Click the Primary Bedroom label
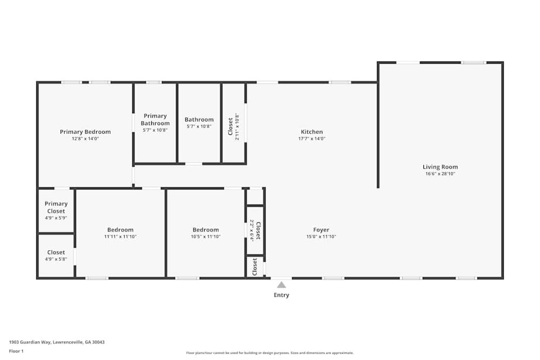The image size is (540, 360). click(x=85, y=132)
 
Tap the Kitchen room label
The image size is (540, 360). click(x=312, y=132)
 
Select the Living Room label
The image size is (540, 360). click(x=440, y=167)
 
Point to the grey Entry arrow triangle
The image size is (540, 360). click(x=281, y=284)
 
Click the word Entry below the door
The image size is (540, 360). click(x=281, y=295)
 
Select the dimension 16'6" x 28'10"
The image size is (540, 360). click(x=440, y=174)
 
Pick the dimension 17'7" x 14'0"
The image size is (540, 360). click(x=312, y=139)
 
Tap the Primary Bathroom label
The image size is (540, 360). click(x=155, y=119)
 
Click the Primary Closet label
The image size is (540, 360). click(x=56, y=207)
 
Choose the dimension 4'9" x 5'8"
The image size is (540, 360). click(x=56, y=259)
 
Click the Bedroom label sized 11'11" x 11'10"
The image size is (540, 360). click(x=120, y=230)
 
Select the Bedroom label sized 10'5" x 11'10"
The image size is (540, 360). click(x=206, y=230)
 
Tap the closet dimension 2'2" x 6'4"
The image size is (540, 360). click(x=252, y=230)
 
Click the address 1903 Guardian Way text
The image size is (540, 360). click(x=57, y=342)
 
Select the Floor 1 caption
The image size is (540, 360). click(x=16, y=351)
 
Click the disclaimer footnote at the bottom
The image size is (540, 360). click(x=270, y=353)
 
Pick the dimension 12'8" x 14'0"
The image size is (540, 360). click(x=85, y=139)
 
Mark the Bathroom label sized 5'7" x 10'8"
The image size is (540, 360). click(x=199, y=120)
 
